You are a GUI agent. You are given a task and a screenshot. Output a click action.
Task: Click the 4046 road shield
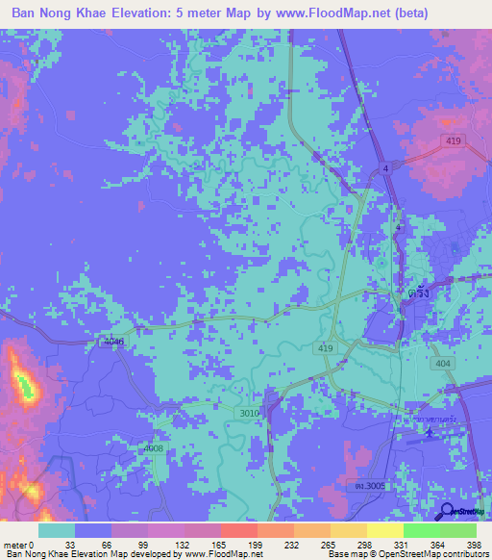(x=113, y=342)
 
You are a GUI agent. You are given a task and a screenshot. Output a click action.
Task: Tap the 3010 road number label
(x=248, y=413)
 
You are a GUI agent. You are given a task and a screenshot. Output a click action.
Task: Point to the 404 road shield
(x=443, y=366)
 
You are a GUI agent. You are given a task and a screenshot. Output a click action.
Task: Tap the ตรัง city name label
(x=416, y=297)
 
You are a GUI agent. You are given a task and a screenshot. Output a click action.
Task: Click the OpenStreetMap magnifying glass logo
(x=448, y=511)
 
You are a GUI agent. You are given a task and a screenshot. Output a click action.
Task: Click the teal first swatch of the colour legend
(x=57, y=530)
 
